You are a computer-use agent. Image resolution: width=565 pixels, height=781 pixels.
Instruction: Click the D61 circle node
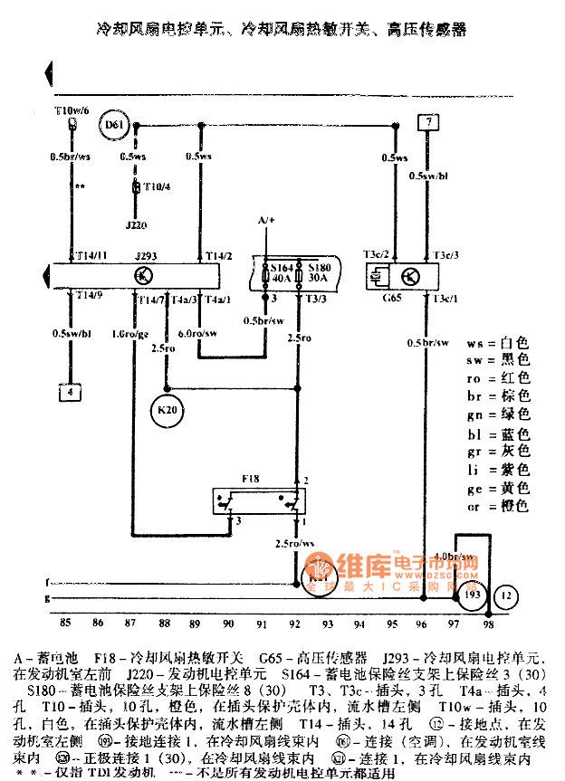(113, 125)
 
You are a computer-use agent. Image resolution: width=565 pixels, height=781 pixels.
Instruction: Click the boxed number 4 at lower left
(68, 392)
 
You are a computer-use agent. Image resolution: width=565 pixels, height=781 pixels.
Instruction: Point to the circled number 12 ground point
(507, 596)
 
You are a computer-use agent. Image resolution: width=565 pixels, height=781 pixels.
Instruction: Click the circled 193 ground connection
(472, 596)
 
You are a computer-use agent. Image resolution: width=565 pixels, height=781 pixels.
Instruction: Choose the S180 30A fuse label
(320, 274)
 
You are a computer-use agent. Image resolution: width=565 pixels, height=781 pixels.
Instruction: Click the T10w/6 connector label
(72, 110)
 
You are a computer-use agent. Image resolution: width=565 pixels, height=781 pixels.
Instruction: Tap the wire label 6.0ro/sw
(197, 334)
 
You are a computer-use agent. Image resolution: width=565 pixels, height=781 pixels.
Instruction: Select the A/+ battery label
(266, 220)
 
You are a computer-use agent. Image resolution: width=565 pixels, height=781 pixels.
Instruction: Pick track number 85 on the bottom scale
(65, 623)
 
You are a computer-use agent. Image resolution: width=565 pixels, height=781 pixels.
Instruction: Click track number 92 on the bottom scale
(294, 623)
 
